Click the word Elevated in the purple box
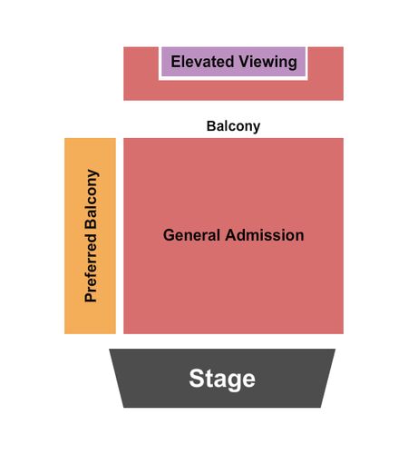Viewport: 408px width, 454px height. (202, 62)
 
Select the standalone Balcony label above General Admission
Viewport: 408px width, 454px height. (233, 126)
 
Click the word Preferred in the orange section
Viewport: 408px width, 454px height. (91, 268)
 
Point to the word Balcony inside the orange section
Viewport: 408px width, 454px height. (92, 199)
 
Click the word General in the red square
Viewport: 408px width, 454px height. (191, 235)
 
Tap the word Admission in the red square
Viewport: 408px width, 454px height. (265, 235)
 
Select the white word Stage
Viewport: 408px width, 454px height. (222, 379)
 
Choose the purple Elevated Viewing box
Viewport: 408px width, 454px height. (233, 62)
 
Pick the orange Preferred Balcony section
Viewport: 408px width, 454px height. (90, 236)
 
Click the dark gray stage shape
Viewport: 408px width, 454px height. (222, 379)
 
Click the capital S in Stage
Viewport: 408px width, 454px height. (196, 379)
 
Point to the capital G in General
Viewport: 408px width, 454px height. (169, 235)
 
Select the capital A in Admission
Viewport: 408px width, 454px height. (231, 235)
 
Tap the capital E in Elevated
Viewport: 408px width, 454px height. (176, 62)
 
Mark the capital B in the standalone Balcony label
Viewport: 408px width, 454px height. (211, 126)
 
